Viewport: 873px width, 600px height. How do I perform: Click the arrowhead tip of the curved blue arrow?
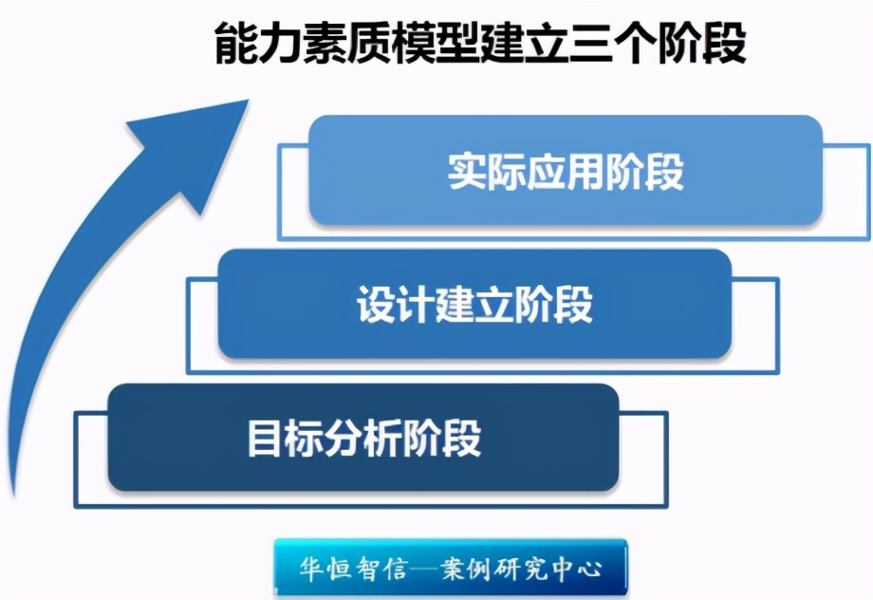pyautogui.click(x=248, y=101)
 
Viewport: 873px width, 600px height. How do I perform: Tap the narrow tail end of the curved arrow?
pyautogui.click(x=13, y=494)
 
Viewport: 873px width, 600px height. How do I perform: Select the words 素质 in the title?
pyautogui.click(x=347, y=43)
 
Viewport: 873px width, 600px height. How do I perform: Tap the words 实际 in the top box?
pyautogui.click(x=487, y=171)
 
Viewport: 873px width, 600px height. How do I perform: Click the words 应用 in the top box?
pyautogui.click(x=566, y=171)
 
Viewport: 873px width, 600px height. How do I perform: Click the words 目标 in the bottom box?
pyautogui.click(x=286, y=439)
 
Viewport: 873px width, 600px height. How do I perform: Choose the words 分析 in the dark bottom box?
pyautogui.click(x=364, y=439)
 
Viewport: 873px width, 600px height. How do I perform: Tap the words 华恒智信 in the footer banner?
pyautogui.click(x=354, y=569)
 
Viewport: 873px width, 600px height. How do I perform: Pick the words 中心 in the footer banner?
pyautogui.click(x=576, y=569)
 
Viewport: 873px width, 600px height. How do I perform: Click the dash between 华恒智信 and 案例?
pyautogui.click(x=424, y=570)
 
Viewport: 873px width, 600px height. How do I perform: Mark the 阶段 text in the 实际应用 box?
pyautogui.click(x=644, y=171)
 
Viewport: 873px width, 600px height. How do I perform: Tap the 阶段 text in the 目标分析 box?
pyautogui.click(x=442, y=439)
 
